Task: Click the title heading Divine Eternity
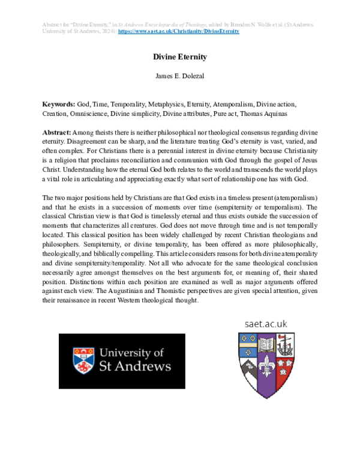180,57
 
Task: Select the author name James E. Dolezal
180,77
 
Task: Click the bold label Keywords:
58,104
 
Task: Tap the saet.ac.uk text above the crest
266,324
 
